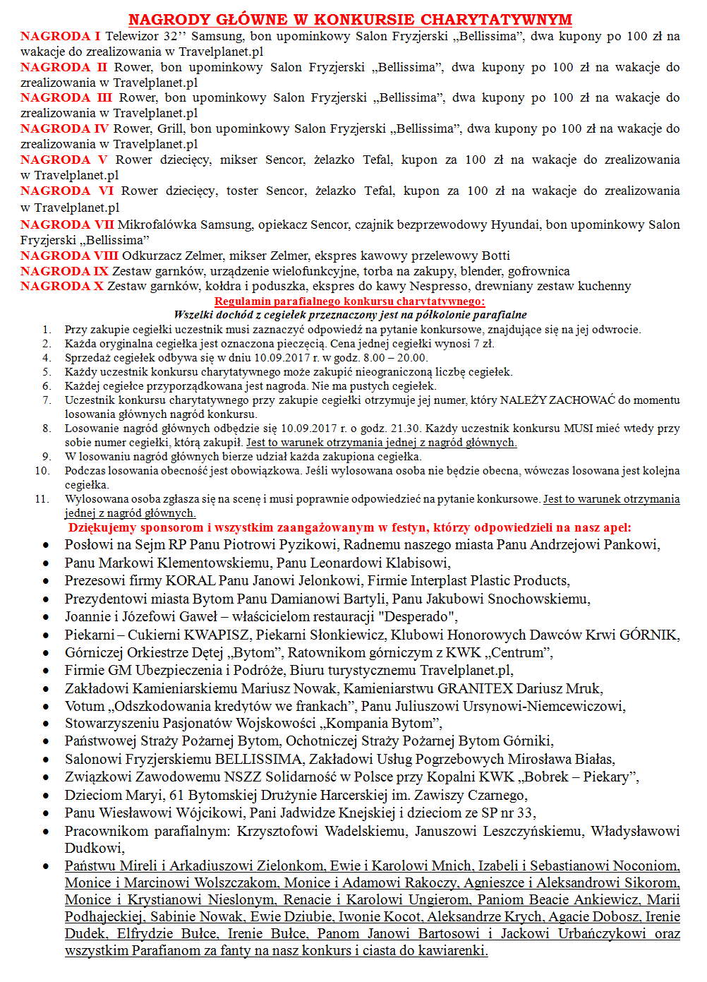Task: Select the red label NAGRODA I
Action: tap(60, 36)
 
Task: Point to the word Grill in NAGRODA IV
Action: tap(170, 128)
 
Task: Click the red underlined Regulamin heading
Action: tap(350, 301)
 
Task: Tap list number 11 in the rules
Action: tap(42, 499)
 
